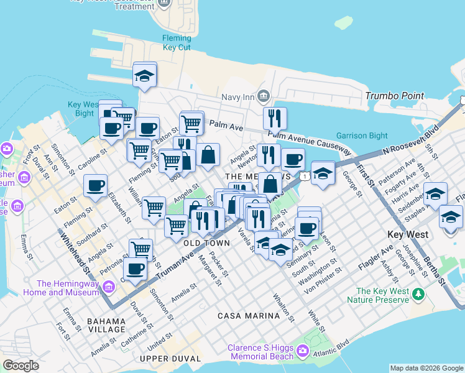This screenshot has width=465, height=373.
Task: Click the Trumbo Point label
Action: [394, 96]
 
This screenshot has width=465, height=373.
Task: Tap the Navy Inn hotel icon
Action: [263, 96]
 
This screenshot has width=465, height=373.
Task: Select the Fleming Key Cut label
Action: [177, 42]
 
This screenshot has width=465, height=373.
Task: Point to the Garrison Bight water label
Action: [362, 136]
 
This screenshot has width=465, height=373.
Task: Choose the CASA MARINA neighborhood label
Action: [248, 316]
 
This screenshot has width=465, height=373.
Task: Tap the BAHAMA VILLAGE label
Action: [107, 325]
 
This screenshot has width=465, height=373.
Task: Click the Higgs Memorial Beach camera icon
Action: [303, 352]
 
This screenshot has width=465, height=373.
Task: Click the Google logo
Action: [21, 366]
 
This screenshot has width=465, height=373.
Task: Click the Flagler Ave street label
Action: [375, 258]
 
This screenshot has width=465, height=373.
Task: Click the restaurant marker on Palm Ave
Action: [274, 118]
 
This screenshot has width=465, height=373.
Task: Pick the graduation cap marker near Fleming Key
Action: [145, 76]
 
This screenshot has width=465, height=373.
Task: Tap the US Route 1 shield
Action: [304, 177]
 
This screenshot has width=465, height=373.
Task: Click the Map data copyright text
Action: [426, 368]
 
